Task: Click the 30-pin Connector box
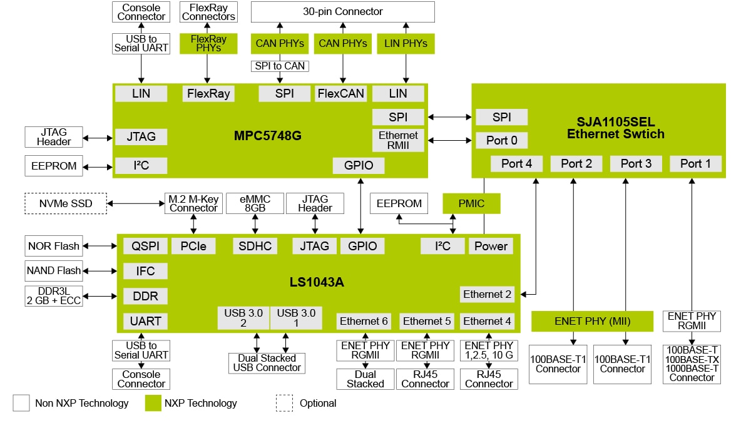point(342,12)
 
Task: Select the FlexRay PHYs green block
point(208,43)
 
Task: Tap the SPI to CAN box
point(280,66)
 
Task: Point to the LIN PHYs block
point(406,43)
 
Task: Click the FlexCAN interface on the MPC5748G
point(340,94)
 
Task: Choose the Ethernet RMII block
point(398,140)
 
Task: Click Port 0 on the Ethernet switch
point(501,140)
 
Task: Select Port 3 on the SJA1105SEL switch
point(636,163)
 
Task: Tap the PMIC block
point(471,203)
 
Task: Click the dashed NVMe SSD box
point(65,203)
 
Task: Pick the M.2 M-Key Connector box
point(193,203)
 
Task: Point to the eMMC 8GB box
point(255,203)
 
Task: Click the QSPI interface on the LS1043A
point(145,246)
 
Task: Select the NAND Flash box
point(54,271)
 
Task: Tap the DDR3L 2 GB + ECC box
point(54,296)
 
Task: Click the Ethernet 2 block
point(487,294)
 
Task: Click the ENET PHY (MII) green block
point(592,322)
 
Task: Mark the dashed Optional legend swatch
point(284,403)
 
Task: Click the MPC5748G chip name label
point(268,135)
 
